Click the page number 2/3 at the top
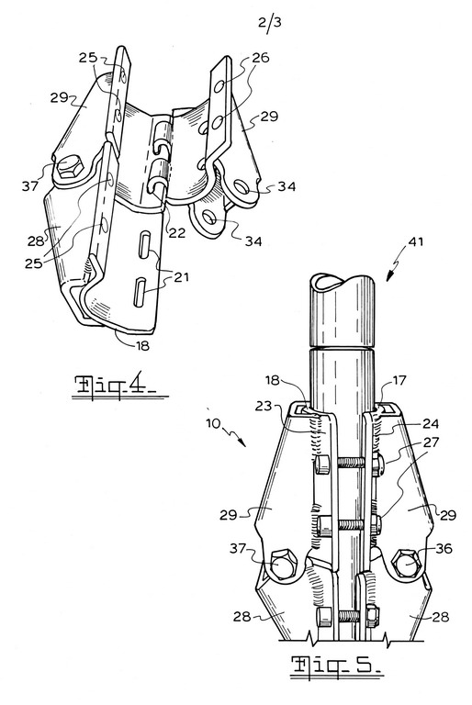270,23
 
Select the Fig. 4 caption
118,386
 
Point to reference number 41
415,242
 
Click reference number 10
214,424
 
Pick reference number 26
261,58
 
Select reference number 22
177,232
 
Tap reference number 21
181,277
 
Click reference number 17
399,381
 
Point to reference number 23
264,406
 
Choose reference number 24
431,423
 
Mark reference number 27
431,442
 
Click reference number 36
444,549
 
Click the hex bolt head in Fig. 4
70,167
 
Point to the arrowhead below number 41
389,276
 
